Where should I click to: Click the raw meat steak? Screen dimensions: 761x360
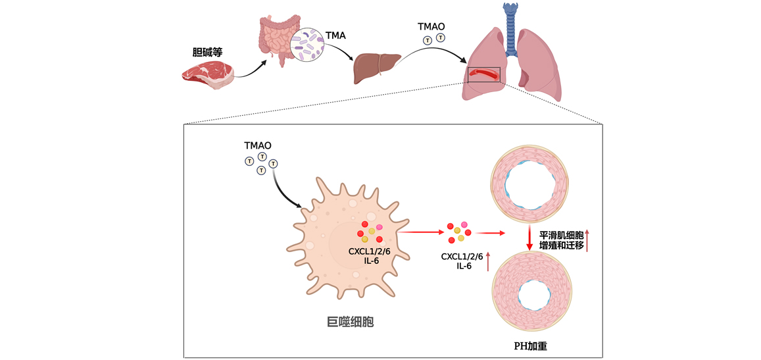click(208, 74)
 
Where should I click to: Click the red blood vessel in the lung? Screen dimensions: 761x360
click(484, 74)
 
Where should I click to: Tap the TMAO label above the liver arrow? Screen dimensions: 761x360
click(431, 26)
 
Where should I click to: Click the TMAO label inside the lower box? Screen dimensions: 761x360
click(258, 145)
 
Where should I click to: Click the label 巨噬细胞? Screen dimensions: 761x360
click(350, 322)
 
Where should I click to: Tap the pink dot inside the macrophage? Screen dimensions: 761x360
click(380, 227)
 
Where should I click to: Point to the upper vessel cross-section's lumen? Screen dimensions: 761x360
click(531, 185)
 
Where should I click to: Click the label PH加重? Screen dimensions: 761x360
click(532, 346)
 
